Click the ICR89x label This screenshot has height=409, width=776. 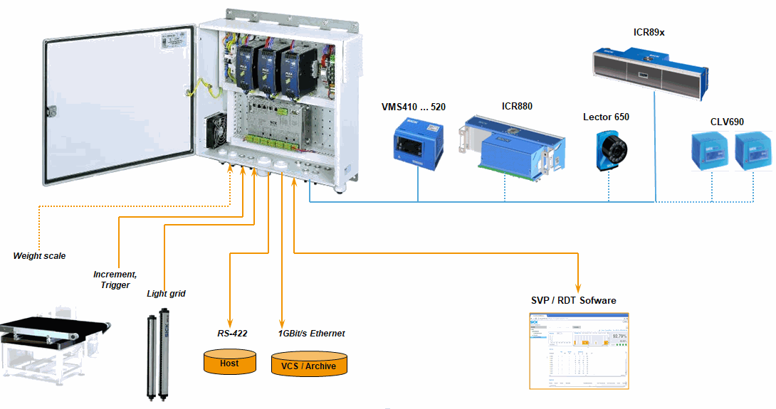(649, 32)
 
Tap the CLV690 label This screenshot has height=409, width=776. (727, 122)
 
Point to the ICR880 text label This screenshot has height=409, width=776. (517, 107)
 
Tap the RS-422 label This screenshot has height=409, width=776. (232, 333)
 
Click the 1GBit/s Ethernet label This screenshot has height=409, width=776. (311, 333)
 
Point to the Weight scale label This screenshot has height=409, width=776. (39, 255)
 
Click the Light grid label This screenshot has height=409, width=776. (166, 293)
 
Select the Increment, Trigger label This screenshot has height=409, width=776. (114, 280)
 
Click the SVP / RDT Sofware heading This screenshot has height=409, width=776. (574, 300)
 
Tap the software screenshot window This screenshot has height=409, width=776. (579, 351)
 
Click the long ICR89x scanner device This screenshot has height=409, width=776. (649, 68)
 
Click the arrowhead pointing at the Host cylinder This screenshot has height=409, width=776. (229, 321)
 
